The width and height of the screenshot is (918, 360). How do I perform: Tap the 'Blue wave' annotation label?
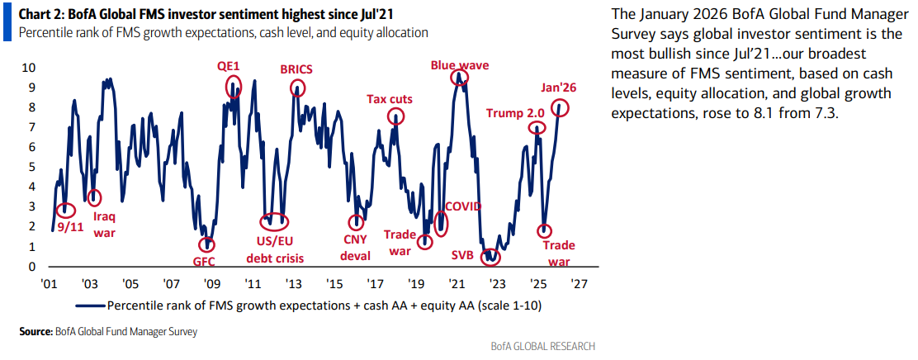[460, 64]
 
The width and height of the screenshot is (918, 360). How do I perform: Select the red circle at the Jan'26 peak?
[561, 107]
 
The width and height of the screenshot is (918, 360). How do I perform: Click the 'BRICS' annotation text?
[297, 69]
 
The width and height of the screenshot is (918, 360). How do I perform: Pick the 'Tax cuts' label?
[390, 99]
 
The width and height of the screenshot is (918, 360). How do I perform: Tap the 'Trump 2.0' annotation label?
[514, 113]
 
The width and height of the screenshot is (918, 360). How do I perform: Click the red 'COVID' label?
[463, 206]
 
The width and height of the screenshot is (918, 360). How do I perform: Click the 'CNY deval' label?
[357, 249]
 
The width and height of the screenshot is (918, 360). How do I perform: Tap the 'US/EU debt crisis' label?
[275, 249]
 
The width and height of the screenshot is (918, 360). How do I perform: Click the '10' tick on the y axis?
[28, 67]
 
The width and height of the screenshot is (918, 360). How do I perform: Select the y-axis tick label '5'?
[31, 167]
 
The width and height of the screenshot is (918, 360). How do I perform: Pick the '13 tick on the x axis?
[293, 283]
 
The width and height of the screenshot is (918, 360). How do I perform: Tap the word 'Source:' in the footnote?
[36, 331]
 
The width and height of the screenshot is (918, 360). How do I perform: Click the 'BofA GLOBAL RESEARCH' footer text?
[543, 346]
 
